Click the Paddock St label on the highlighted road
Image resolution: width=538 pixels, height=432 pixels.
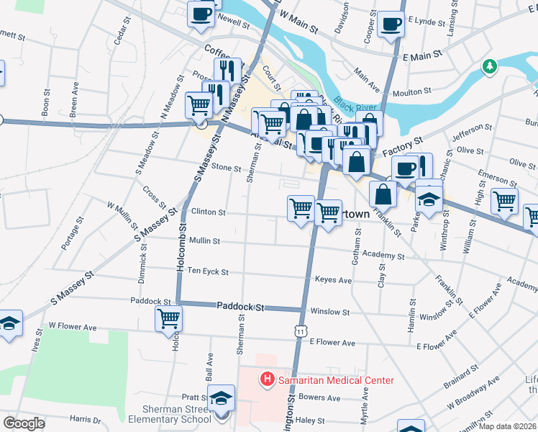coord(241,307)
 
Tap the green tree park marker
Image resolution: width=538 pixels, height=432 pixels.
coord(490,67)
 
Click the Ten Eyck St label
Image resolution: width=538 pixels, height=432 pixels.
coord(207,271)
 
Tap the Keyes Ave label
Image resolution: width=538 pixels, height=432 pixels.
coord(333,280)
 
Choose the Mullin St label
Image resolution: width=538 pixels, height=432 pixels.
coord(205,241)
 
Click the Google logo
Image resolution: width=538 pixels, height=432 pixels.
coord(24,423)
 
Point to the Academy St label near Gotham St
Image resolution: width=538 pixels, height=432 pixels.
coord(383,256)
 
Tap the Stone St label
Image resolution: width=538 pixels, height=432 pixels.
coord(226,168)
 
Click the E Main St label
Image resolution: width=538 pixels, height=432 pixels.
coord(420,56)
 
